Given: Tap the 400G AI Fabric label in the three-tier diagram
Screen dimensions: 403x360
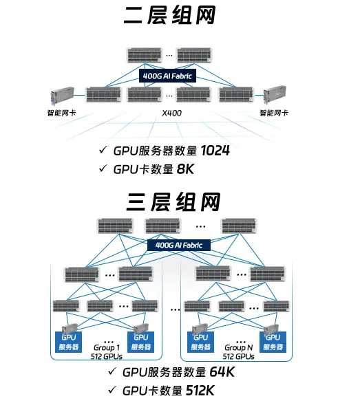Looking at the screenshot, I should (x=180, y=244).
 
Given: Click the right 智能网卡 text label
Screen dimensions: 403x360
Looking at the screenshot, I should (x=274, y=111).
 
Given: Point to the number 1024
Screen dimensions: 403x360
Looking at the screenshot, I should (x=215, y=151).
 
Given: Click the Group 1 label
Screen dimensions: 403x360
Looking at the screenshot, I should (x=106, y=348).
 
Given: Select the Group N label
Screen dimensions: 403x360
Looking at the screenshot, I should (x=239, y=348).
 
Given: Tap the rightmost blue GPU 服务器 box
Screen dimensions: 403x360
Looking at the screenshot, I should (x=273, y=342).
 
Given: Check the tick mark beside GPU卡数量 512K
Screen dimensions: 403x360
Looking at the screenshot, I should (x=112, y=391).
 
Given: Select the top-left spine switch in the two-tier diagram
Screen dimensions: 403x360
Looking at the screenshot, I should (x=143, y=54).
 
